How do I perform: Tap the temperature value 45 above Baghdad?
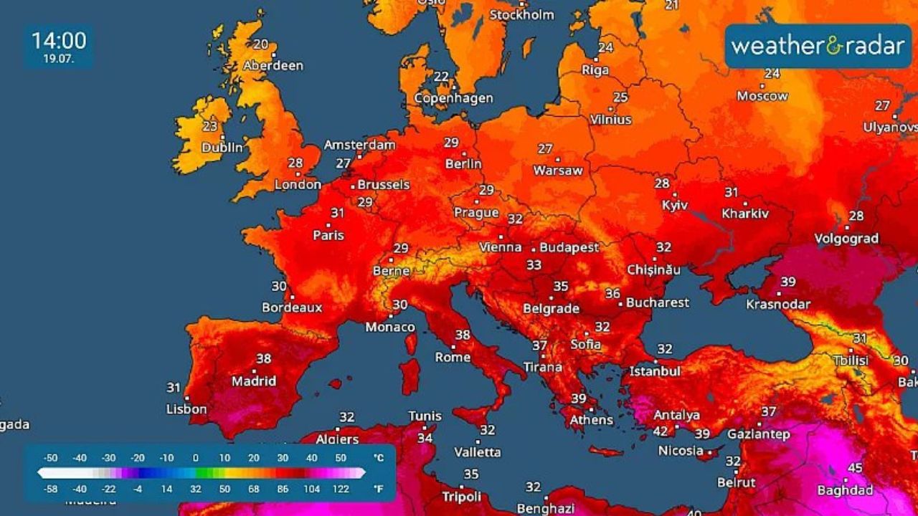[x=855, y=468]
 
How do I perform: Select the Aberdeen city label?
[x=273, y=65]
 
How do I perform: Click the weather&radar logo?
[x=818, y=47]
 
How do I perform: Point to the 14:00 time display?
[x=59, y=40]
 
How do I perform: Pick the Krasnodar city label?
[x=778, y=304]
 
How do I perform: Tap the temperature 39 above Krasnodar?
[x=788, y=282]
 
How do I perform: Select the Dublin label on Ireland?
[x=222, y=148]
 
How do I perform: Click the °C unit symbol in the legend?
[x=378, y=457]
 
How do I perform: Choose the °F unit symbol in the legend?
[x=378, y=489]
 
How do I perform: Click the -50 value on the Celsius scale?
[x=50, y=457]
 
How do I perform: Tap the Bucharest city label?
[x=658, y=302]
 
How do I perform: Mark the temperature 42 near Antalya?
[x=660, y=431]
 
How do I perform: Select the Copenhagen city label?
[x=453, y=98]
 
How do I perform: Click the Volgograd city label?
[x=846, y=239]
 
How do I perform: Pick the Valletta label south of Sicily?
[x=478, y=452]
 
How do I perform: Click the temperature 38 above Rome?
[x=463, y=335]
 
